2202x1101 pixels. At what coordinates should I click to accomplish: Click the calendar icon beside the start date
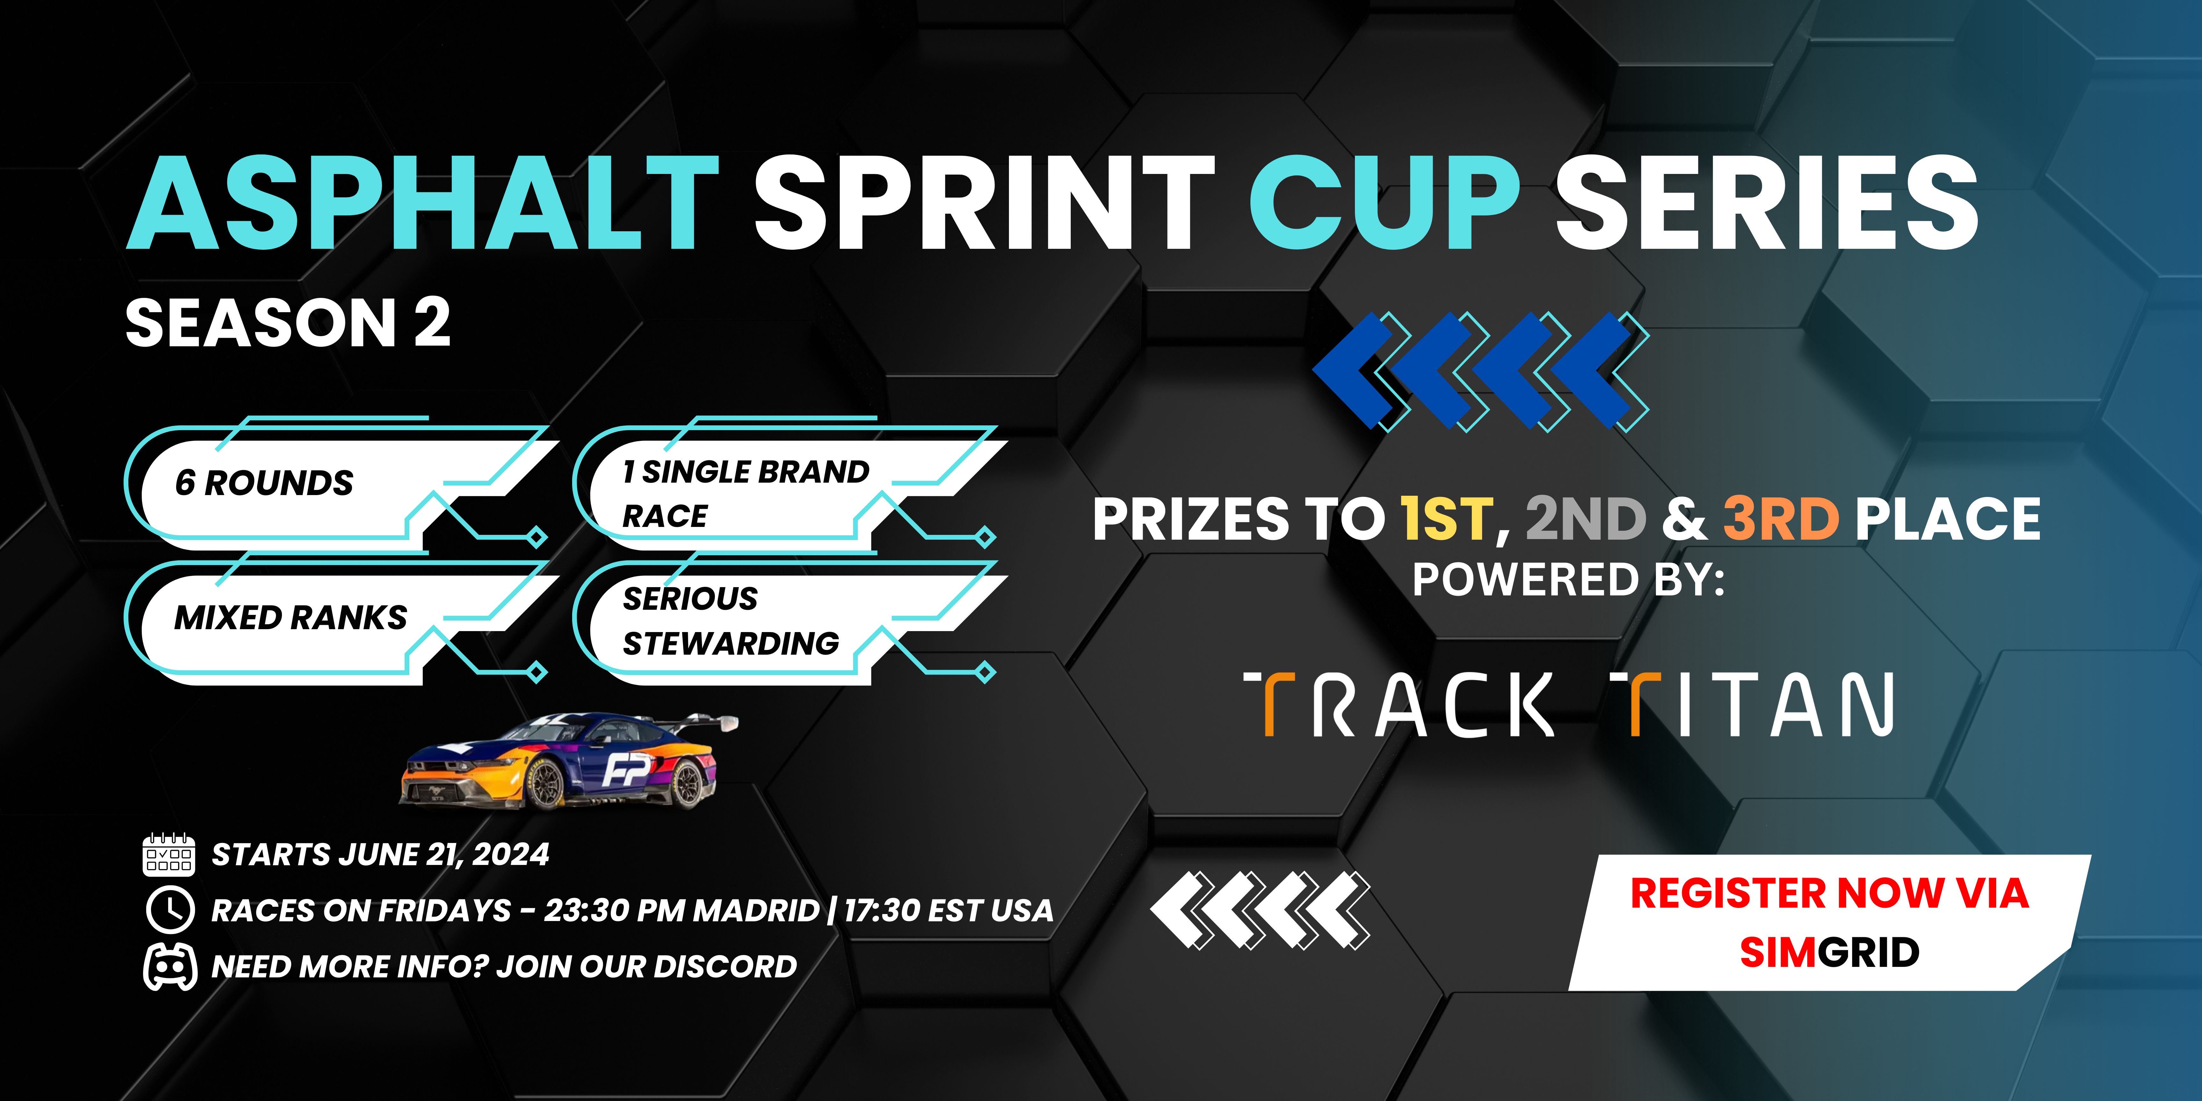169,855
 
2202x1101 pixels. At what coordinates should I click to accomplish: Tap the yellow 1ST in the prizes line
1446,519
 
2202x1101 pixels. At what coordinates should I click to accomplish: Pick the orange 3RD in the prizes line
1781,519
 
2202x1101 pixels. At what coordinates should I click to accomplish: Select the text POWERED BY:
1569,579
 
